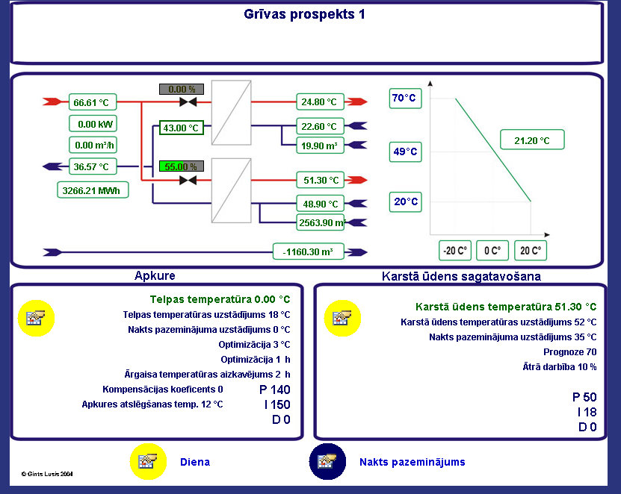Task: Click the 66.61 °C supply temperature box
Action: tap(93, 102)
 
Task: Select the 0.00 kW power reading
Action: tap(93, 124)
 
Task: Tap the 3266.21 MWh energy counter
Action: tap(93, 190)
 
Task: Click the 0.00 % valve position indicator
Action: tap(182, 89)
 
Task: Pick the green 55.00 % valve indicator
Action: tap(182, 166)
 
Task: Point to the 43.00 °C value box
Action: tap(182, 128)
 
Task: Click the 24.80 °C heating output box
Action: tap(320, 101)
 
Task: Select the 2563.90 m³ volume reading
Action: tap(320, 222)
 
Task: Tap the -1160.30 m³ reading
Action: tap(309, 251)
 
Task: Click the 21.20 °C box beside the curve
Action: tap(532, 140)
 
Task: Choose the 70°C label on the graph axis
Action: tap(405, 98)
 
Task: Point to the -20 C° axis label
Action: tap(454, 251)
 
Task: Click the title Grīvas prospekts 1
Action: tap(304, 14)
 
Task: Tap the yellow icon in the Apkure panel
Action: tap(36, 318)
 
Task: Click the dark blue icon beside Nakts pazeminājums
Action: tap(327, 462)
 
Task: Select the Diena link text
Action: tap(195, 462)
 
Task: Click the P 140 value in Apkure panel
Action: tap(275, 390)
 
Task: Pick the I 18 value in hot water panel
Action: tap(587, 412)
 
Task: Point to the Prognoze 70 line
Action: tap(570, 352)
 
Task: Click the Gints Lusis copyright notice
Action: tap(47, 474)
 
